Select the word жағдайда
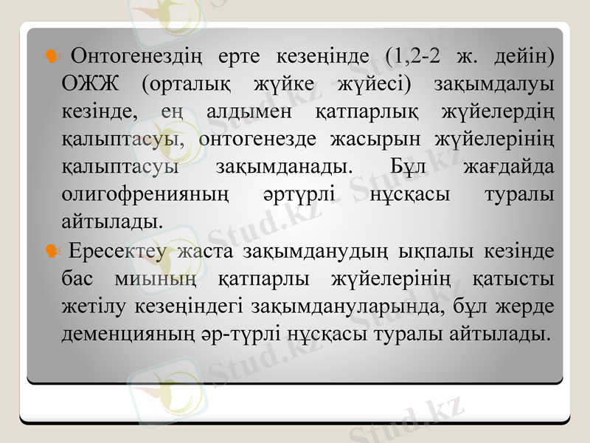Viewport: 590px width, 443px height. (x=509, y=166)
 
